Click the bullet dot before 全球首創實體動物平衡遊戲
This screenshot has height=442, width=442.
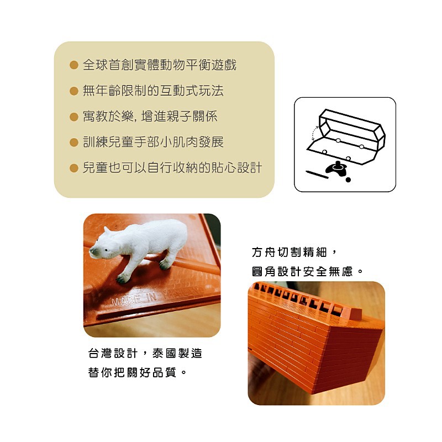[x=74, y=65]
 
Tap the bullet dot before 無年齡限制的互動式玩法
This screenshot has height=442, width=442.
[x=74, y=91]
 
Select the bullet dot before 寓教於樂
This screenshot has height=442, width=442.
[x=74, y=117]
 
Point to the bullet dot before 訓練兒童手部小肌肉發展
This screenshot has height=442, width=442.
[x=74, y=143]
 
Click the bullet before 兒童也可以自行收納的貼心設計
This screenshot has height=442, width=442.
[x=74, y=169]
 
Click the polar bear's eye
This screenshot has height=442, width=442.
[x=107, y=250]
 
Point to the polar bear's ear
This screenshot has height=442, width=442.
[x=107, y=230]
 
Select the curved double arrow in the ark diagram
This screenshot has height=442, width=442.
[x=313, y=134]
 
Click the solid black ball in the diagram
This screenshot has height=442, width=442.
[x=348, y=180]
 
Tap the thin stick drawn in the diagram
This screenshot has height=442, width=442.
[x=317, y=174]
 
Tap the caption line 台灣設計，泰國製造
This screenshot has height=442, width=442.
[x=145, y=353]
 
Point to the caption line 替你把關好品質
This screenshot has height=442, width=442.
[x=137, y=372]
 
